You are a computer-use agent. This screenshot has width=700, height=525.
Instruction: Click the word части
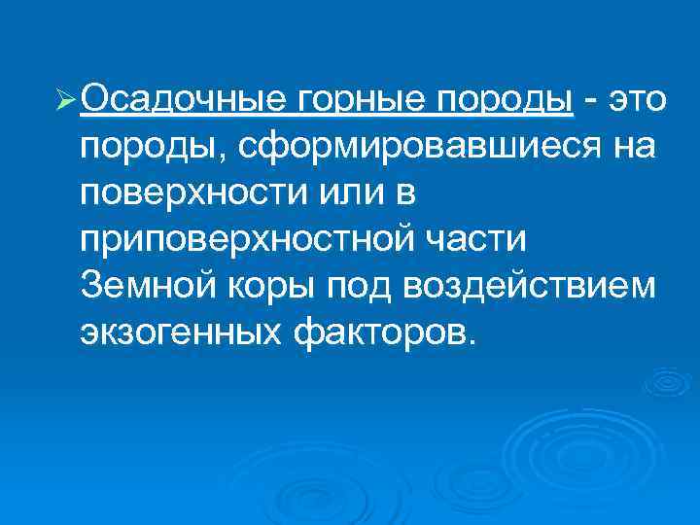tap(499, 241)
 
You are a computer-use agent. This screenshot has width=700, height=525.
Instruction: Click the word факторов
tap(386, 333)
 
